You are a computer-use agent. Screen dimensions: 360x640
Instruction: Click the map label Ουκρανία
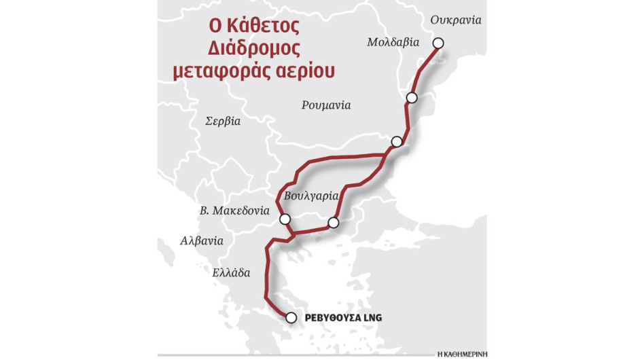coord(456,20)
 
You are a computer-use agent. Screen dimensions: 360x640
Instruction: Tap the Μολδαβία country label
coord(392,41)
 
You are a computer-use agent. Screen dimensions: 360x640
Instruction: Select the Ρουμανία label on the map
coord(326,105)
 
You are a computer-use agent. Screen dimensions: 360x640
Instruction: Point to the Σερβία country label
coord(223,121)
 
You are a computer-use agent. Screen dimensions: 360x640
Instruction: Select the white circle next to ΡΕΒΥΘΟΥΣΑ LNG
coord(291,317)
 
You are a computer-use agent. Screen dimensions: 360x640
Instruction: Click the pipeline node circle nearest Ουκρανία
coord(438,43)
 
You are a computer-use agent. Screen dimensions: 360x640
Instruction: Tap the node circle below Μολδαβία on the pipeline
coord(411,98)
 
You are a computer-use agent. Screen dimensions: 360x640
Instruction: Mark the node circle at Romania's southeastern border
coord(397,141)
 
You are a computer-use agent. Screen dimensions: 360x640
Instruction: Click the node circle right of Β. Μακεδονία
coord(285,219)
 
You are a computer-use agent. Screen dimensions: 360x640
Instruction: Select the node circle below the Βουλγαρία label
coord(333,222)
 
